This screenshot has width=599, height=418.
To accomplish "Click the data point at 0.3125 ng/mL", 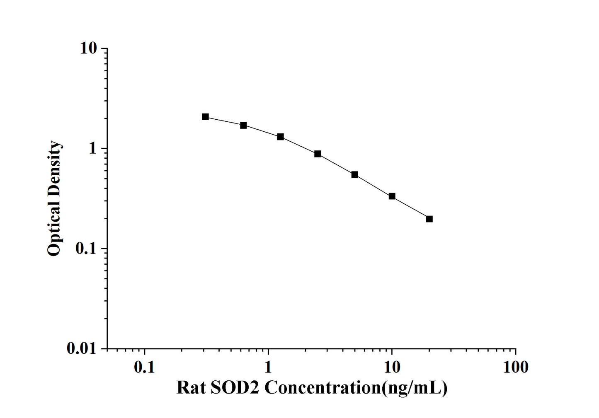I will click(205, 117).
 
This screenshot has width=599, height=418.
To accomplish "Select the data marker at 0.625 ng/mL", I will click(243, 125).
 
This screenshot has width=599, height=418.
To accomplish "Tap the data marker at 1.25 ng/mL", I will click(280, 137).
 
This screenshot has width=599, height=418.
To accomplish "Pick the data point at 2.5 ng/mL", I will click(318, 154).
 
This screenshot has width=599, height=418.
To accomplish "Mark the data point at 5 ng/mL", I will click(355, 175).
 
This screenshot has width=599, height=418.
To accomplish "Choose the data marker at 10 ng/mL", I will click(392, 196).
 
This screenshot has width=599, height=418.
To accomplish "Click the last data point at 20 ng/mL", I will click(429, 219).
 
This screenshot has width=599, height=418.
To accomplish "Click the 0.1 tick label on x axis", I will click(144, 367).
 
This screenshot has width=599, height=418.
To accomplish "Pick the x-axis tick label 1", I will click(268, 367).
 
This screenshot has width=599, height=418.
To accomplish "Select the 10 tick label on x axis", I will click(392, 367).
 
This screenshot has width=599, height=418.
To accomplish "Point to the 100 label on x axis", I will click(515, 367).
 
